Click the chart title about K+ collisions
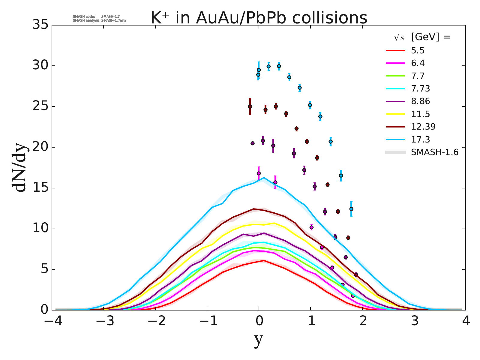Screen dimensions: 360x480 click(x=259, y=18)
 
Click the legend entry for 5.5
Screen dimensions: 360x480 click(x=418, y=50)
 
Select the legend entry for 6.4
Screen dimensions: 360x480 click(x=418, y=63)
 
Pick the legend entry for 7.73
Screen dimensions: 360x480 click(x=420, y=88)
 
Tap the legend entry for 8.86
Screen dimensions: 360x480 click(x=420, y=101)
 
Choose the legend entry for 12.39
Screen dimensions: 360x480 click(x=423, y=127)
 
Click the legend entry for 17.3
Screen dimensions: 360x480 click(x=420, y=139)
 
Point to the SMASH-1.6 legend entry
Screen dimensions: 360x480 click(x=434, y=152)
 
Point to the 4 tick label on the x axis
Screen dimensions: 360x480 click(x=466, y=322)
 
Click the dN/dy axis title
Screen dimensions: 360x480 click(x=20, y=167)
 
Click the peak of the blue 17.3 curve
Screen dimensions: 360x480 click(x=264, y=178)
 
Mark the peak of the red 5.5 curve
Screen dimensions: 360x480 click(x=264, y=260)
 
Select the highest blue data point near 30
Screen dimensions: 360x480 click(x=279, y=66)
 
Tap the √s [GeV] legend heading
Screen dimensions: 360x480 click(x=422, y=37)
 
